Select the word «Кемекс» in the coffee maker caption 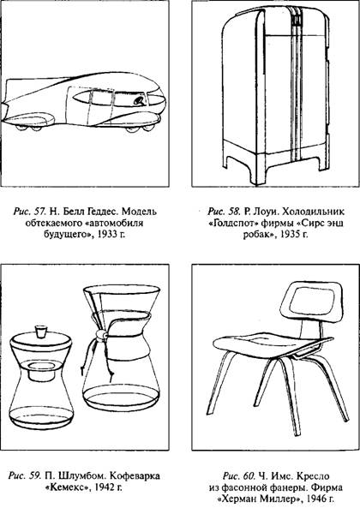pos(67,487)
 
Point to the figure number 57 pos(40,212)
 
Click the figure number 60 pos(249,475)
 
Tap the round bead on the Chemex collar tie pos(101,335)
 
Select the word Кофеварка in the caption pos(134,475)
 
